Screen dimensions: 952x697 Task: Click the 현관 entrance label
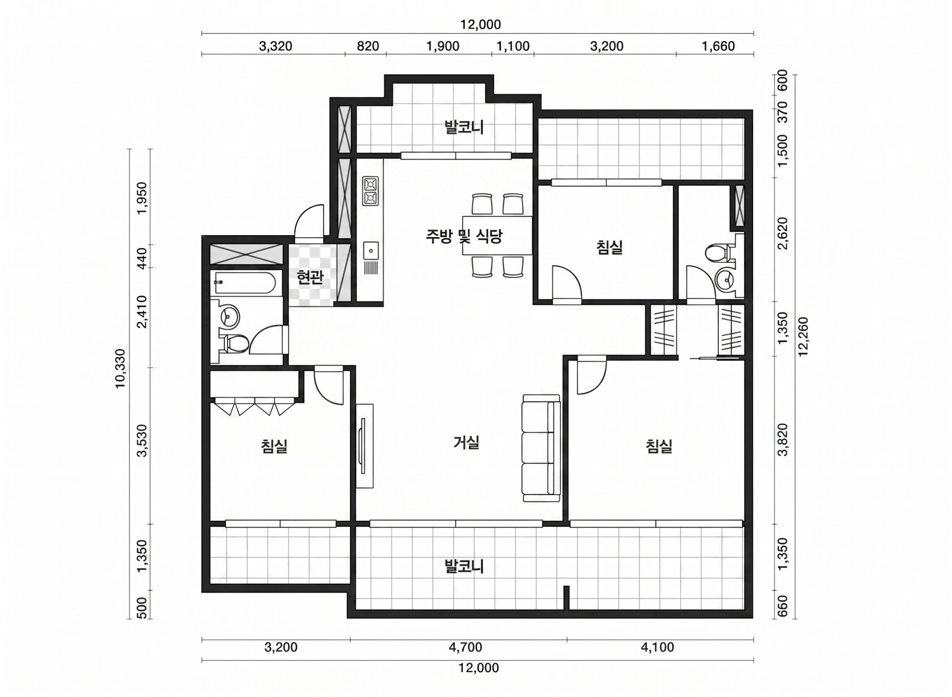[x=310, y=277]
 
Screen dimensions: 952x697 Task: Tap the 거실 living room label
[x=466, y=442]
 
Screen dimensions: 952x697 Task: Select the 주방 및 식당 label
[x=464, y=236]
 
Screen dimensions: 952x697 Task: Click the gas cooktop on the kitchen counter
[x=371, y=191]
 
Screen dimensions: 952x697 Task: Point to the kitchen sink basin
[x=371, y=251]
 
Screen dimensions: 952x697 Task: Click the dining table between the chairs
[x=497, y=235]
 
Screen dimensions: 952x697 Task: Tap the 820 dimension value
[x=368, y=46]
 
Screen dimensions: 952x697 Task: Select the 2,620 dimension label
[x=783, y=233]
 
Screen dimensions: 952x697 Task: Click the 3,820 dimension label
[x=783, y=440]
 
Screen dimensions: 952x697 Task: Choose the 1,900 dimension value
[x=443, y=46]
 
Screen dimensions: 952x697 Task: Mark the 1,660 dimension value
[x=718, y=46]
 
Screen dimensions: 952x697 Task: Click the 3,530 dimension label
[x=142, y=440]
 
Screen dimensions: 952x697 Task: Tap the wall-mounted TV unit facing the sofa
[x=364, y=446]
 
